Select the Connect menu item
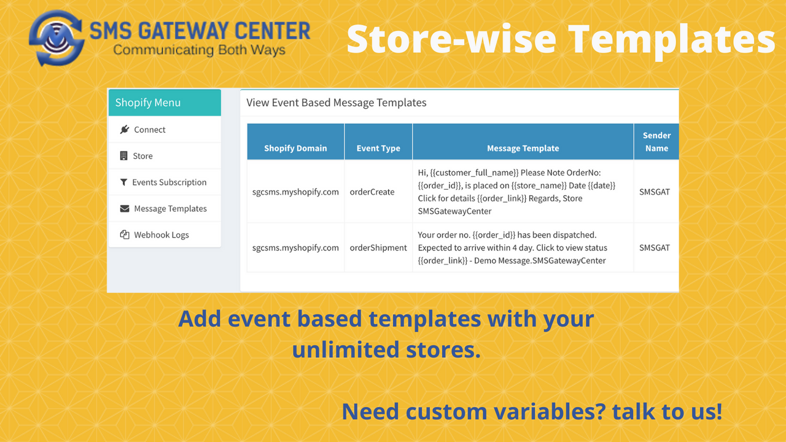pyautogui.click(x=150, y=130)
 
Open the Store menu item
pyautogui.click(x=142, y=156)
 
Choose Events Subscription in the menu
pyautogui.click(x=169, y=182)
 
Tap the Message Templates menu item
pyautogui.click(x=170, y=209)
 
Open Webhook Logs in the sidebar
pyautogui.click(x=161, y=235)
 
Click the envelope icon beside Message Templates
pyautogui.click(x=124, y=209)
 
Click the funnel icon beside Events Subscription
pyautogui.click(x=124, y=182)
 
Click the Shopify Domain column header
pyautogui.click(x=295, y=148)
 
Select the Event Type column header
pyautogui.click(x=378, y=148)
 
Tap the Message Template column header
pyautogui.click(x=523, y=148)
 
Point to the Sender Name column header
pyautogui.click(x=656, y=141)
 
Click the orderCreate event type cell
pyautogui.click(x=372, y=192)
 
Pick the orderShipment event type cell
pyautogui.click(x=378, y=248)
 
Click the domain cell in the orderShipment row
pyautogui.click(x=295, y=248)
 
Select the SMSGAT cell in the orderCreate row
pyautogui.click(x=655, y=192)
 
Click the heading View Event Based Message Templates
pyautogui.click(x=337, y=103)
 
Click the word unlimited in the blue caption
pyautogui.click(x=345, y=350)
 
